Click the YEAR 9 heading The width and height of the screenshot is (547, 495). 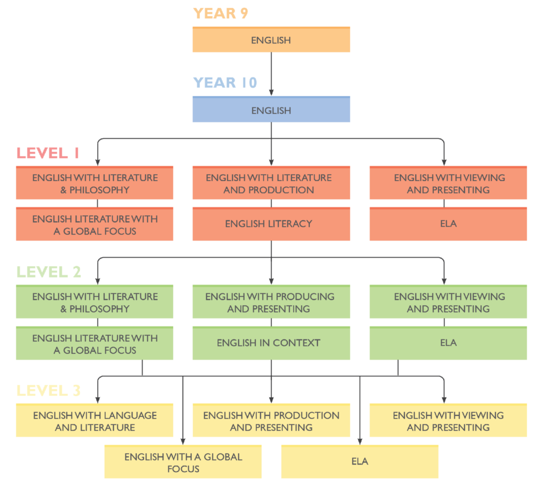click(221, 13)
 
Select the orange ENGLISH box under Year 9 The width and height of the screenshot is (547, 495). click(271, 40)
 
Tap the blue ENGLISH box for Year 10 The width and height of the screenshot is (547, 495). click(271, 109)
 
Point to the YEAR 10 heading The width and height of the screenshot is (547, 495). click(225, 83)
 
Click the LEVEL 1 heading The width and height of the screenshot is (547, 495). click(48, 153)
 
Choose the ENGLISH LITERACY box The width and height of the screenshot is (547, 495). click(271, 224)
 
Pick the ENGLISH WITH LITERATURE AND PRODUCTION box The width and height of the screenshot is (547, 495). click(271, 183)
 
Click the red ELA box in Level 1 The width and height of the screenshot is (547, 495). click(448, 224)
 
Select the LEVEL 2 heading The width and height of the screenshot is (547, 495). click(49, 272)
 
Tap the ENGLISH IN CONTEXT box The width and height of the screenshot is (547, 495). click(271, 343)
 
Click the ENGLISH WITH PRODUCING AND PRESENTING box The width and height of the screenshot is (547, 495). click(271, 301)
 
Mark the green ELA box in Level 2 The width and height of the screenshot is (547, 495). click(448, 343)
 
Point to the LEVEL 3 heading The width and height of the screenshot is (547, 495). click(49, 391)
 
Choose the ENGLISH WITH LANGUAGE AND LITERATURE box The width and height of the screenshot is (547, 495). click(95, 420)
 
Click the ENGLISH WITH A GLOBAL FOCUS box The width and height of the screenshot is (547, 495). click(183, 461)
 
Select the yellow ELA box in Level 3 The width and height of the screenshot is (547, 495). click(360, 461)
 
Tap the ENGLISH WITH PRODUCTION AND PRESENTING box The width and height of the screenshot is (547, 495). click(271, 420)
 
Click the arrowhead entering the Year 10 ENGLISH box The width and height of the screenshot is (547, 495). click(271, 92)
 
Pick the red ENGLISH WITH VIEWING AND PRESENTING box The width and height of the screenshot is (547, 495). click(448, 183)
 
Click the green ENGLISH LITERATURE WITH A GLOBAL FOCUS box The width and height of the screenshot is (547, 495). click(95, 343)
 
